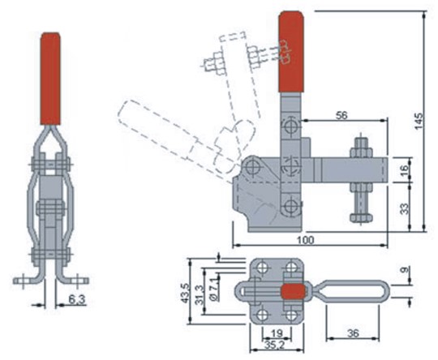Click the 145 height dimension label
[419, 121]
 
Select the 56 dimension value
[341, 115]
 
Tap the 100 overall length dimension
[305, 240]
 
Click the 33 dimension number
[404, 208]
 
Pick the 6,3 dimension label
[76, 300]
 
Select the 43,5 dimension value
[184, 293]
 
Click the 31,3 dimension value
[199, 295]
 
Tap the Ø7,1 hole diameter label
[215, 291]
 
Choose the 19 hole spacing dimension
[277, 333]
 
